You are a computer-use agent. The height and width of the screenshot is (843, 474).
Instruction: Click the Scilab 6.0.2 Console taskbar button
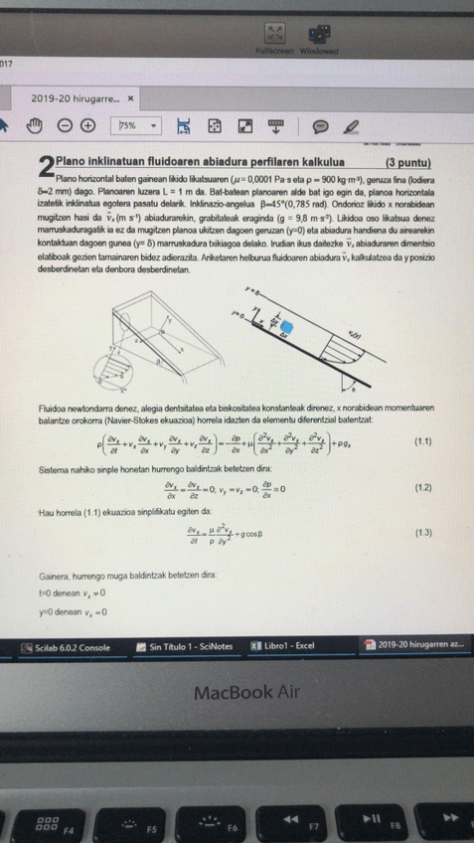(67, 649)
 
